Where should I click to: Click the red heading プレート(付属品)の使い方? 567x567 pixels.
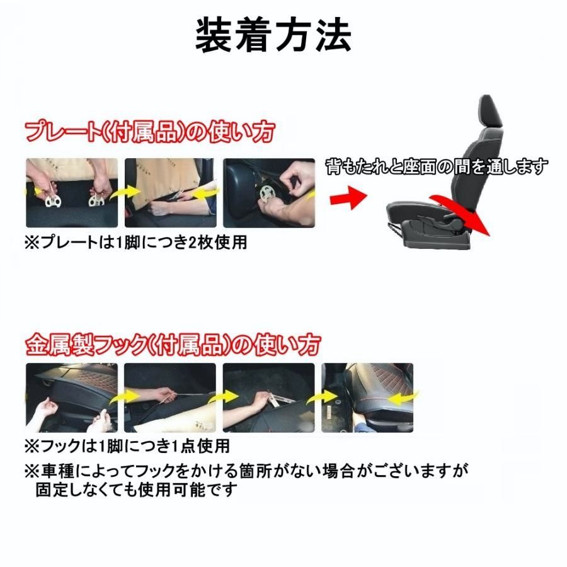(150, 132)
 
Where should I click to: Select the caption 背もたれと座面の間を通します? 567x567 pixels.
(437, 166)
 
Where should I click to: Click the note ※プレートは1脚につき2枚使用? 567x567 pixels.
(135, 243)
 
